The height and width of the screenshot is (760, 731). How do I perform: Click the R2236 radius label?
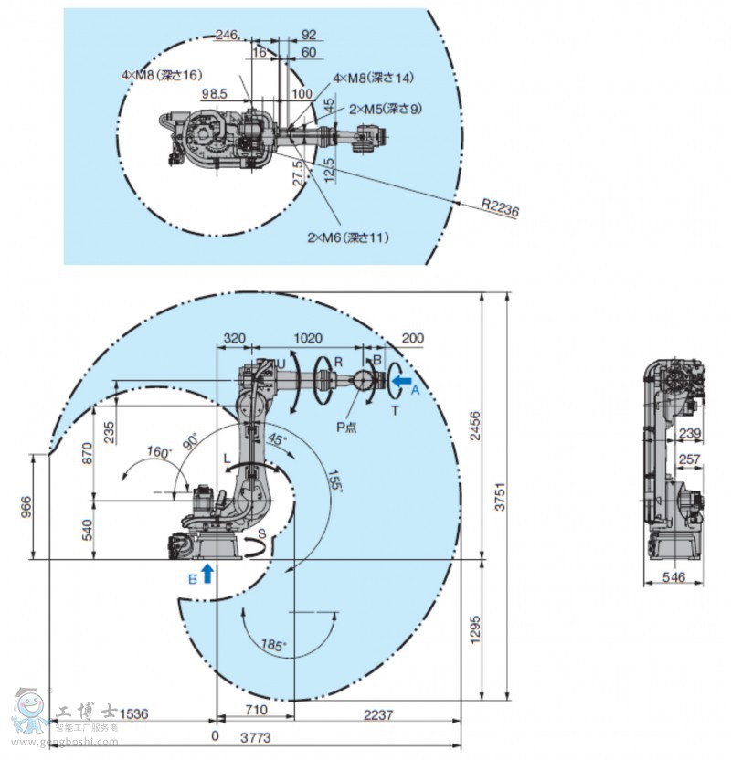click(499, 209)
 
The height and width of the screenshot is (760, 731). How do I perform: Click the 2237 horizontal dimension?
click(376, 712)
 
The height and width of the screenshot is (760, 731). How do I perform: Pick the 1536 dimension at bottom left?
click(133, 712)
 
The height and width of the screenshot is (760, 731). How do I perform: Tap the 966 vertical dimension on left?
click(26, 505)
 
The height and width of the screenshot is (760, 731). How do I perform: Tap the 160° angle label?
click(159, 451)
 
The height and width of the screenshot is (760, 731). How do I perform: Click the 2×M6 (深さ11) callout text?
click(347, 237)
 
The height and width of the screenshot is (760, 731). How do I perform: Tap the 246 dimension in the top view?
click(226, 35)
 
